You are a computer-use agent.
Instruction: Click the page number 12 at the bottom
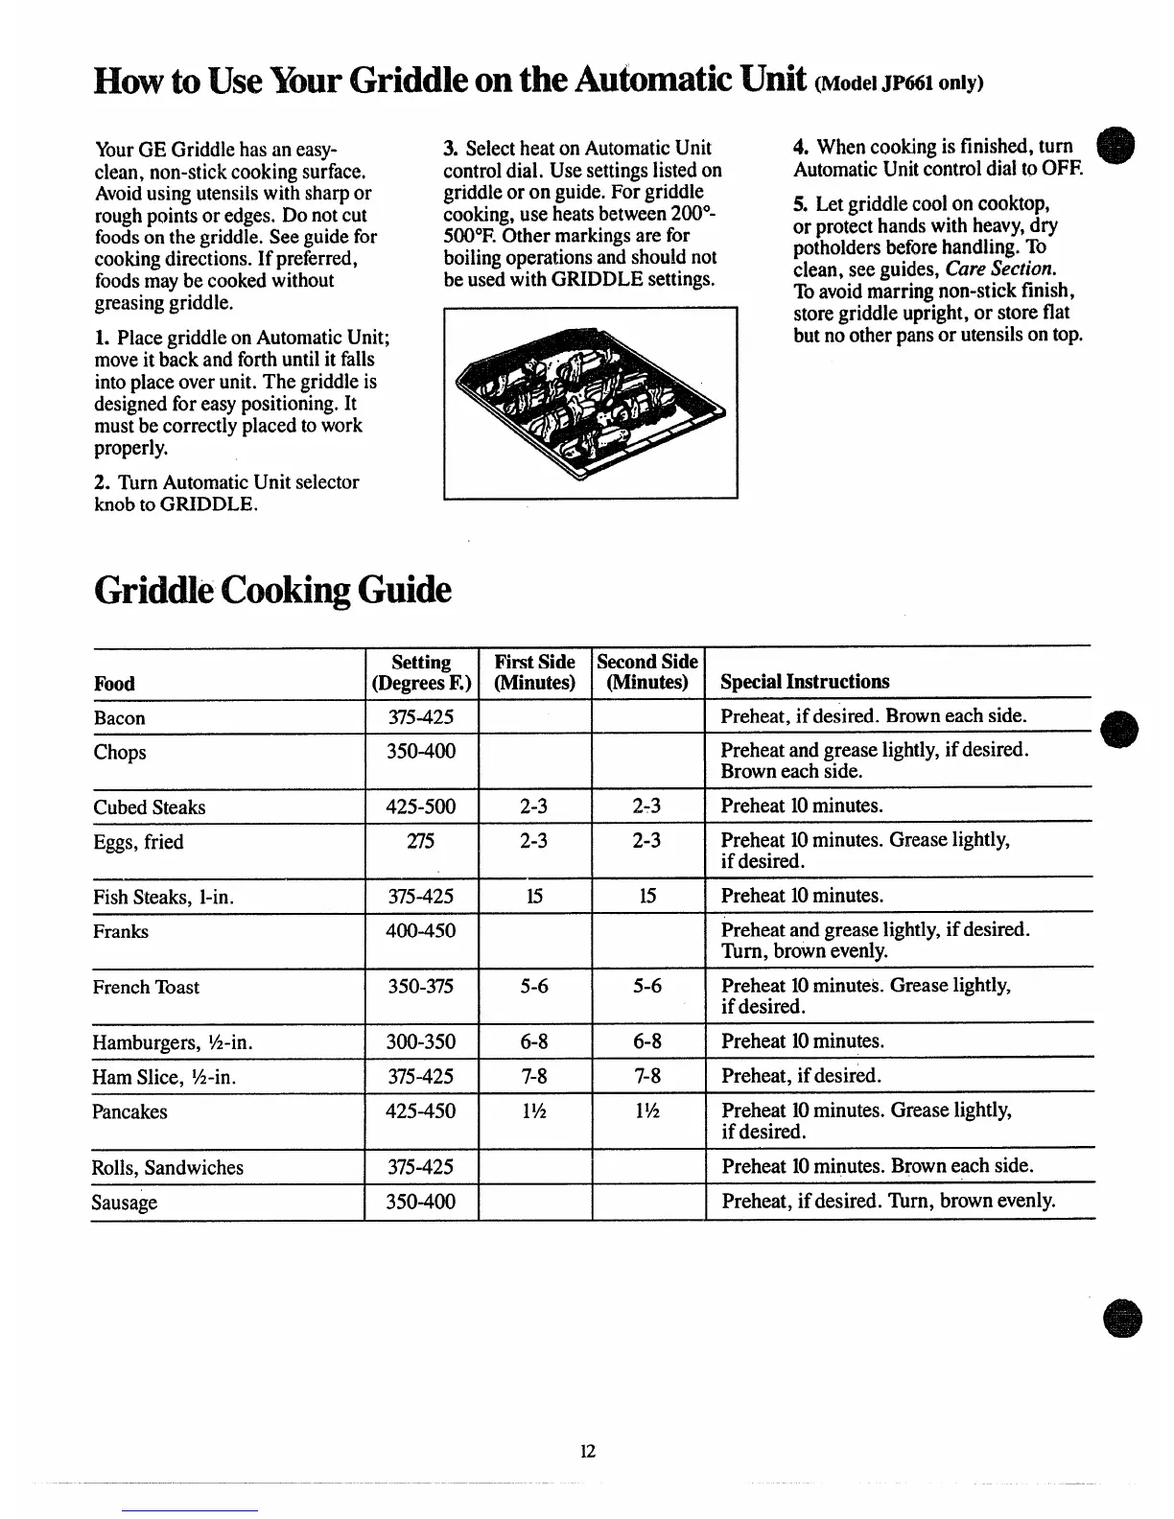(x=587, y=1451)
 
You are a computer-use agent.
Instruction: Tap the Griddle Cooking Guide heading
(x=271, y=590)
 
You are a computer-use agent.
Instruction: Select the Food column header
(x=114, y=683)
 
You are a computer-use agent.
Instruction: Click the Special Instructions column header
(x=805, y=682)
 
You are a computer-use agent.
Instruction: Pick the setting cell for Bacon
(x=420, y=717)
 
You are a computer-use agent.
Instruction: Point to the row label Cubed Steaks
(x=150, y=807)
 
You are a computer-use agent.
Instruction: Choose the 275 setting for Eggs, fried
(x=420, y=841)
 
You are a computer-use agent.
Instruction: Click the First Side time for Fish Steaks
(x=533, y=896)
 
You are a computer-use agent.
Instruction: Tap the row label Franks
(x=121, y=931)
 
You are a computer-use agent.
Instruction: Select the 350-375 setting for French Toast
(x=420, y=986)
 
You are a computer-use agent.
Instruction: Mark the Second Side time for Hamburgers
(x=647, y=1041)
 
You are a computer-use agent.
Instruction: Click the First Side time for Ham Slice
(x=533, y=1076)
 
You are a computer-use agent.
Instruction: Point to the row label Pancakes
(x=129, y=1111)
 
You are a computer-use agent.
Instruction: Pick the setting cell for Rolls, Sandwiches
(x=420, y=1167)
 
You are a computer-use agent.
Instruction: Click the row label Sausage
(x=125, y=1203)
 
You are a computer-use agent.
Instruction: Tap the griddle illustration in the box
(x=590, y=403)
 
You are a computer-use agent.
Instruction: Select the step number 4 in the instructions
(x=799, y=148)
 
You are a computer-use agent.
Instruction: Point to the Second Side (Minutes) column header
(x=647, y=671)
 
